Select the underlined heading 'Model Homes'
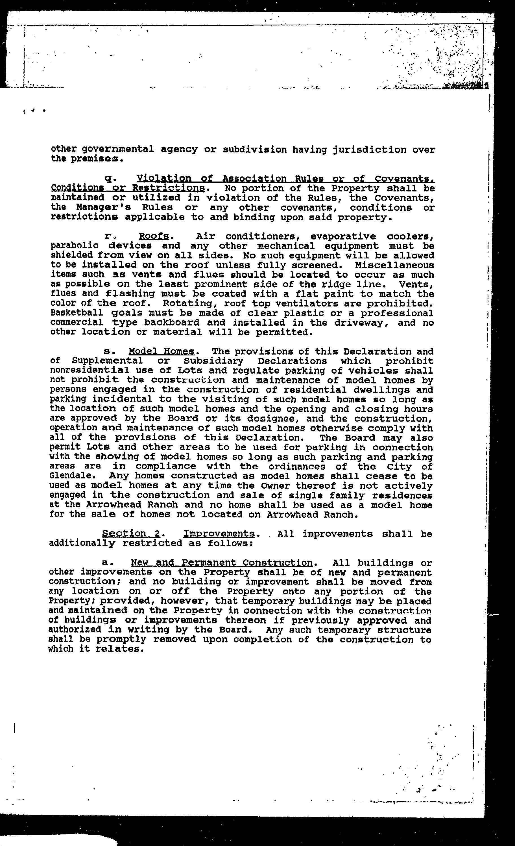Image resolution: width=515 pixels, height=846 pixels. pos(162,351)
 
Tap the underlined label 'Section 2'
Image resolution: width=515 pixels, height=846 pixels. pos(131,534)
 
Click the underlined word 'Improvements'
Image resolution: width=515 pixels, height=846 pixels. pos(219,534)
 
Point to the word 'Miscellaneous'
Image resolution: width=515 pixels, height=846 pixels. pos(394,265)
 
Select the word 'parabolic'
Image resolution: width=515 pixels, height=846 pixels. pos(75,246)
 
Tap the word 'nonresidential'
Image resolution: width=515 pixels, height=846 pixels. pos(90,370)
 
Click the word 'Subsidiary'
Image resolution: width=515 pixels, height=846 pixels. pos(213,361)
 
